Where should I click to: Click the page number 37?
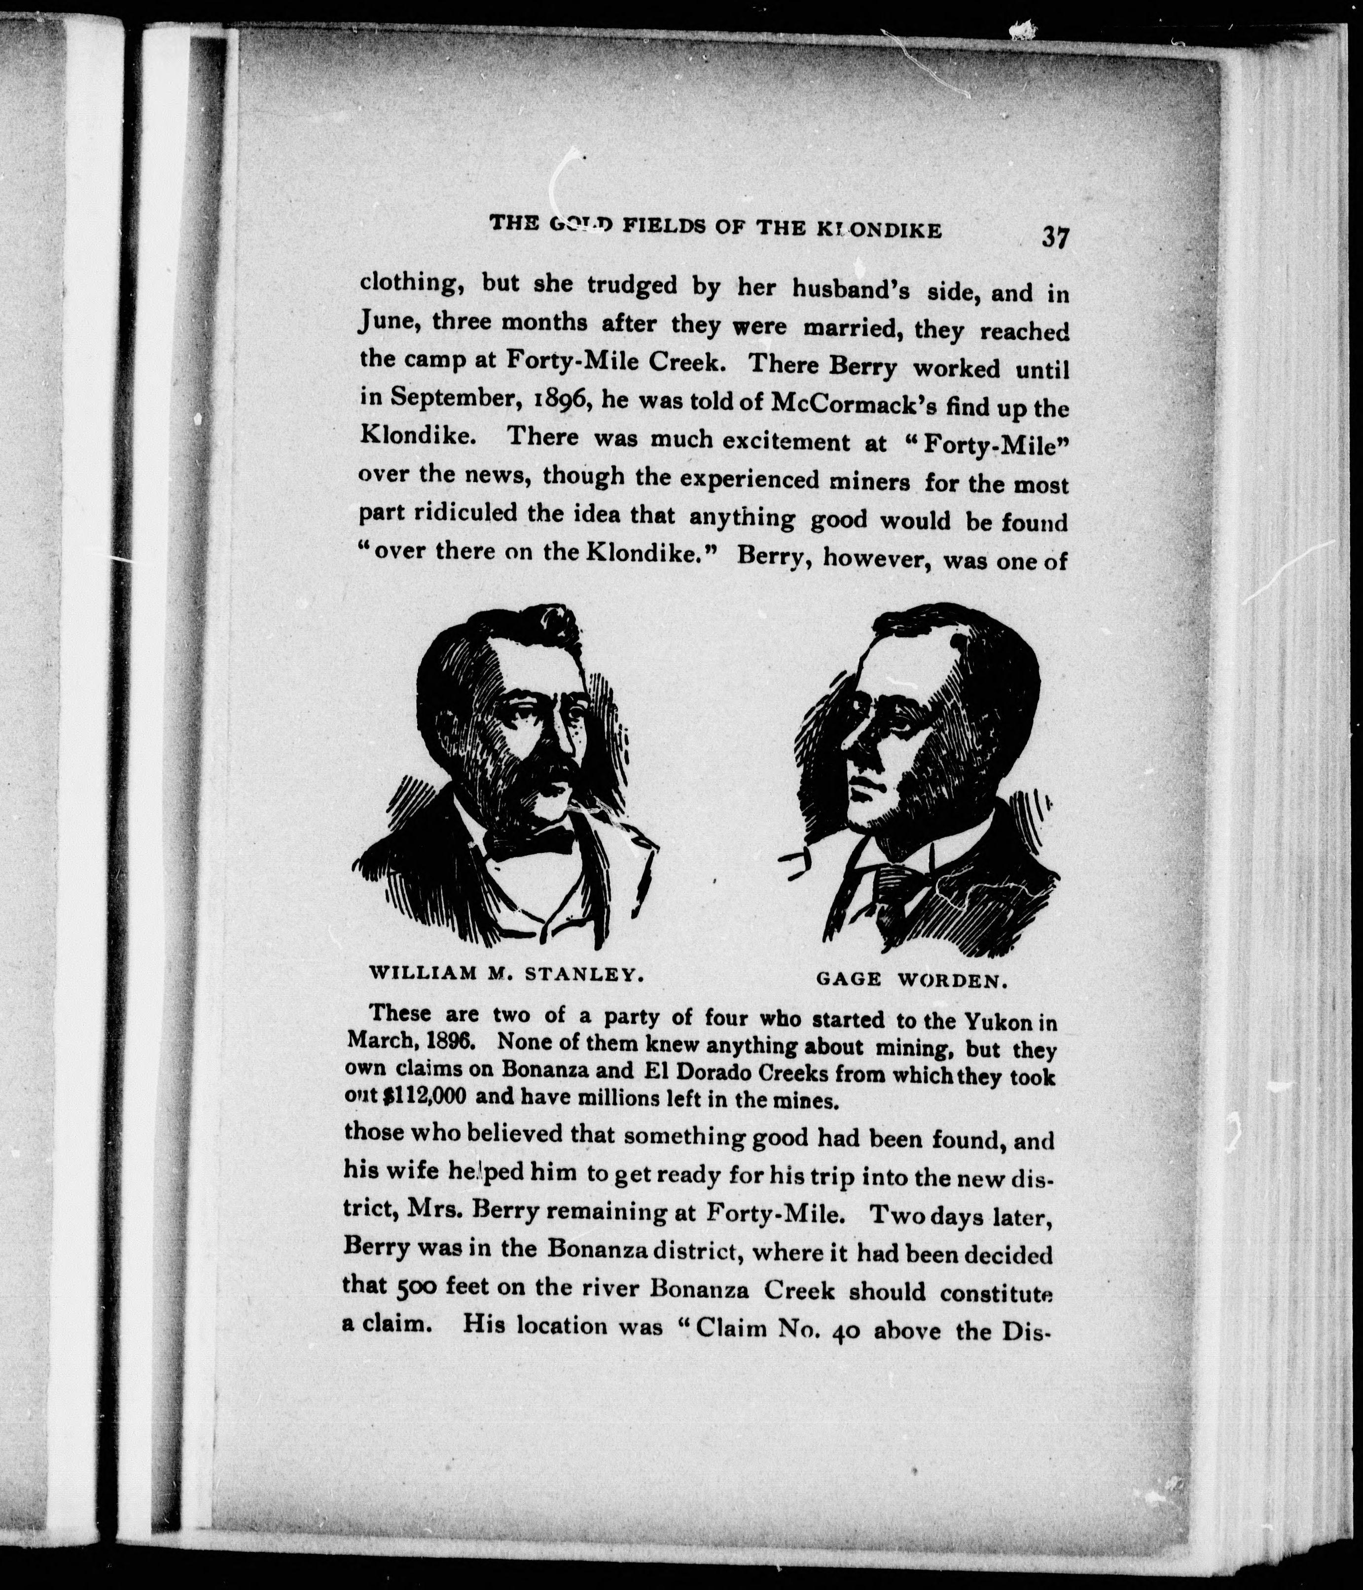point(1054,237)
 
